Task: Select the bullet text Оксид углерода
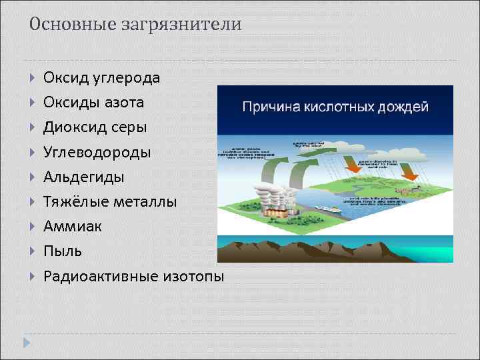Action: [101, 78]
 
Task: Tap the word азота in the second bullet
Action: [127, 103]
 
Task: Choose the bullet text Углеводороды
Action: [97, 153]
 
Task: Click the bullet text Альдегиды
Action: [83, 177]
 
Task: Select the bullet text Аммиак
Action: [72, 227]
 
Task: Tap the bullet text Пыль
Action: [63, 251]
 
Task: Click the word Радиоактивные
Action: [99, 276]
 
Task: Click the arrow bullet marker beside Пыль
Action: [33, 251]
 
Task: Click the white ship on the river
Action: [329, 208]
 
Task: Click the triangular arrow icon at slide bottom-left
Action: [27, 343]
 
